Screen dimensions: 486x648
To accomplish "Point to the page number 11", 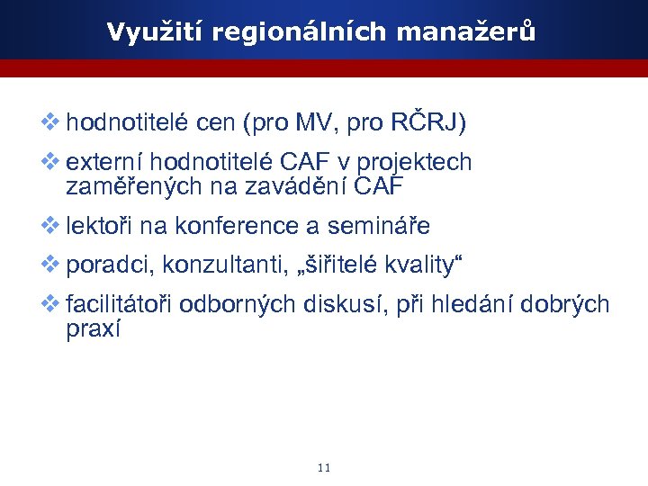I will pos(325,468).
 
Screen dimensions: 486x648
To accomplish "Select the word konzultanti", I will pos(210,265).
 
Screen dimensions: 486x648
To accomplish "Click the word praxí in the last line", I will pos(93,330).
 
